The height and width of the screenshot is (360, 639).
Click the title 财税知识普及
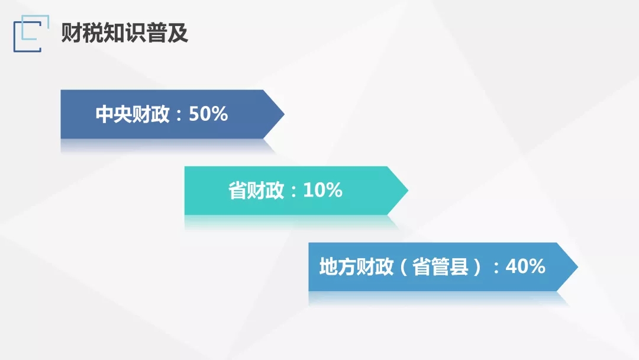coord(125,33)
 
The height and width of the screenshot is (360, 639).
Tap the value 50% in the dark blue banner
coord(208,114)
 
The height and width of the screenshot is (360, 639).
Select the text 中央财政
coord(133,114)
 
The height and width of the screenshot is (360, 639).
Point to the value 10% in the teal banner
coord(323,191)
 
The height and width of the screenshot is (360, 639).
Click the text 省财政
coord(256,191)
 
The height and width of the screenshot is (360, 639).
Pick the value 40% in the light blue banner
coord(525,266)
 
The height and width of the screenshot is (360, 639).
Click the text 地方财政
coord(356,266)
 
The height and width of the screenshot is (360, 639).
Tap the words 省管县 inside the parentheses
coord(440,266)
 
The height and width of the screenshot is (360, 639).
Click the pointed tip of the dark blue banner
coord(284,114)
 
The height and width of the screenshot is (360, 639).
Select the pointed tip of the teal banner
coord(408,191)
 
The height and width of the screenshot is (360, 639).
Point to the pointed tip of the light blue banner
coord(577,266)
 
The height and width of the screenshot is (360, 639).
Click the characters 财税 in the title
coord(82,33)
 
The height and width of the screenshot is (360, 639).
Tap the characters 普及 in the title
coord(167,33)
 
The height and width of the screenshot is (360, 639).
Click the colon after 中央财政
coord(179,115)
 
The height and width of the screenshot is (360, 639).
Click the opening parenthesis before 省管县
coord(404,267)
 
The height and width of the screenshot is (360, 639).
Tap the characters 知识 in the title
coord(125,33)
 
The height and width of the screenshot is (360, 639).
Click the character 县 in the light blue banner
coord(459,266)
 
